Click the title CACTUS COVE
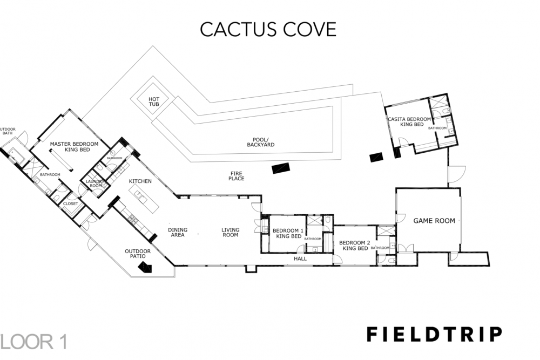(268, 29)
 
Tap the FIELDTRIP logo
(434, 334)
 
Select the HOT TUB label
(154, 100)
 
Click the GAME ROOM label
(434, 220)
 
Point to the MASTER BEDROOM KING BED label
(74, 147)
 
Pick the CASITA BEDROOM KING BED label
(409, 121)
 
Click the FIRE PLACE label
(237, 175)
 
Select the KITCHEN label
(140, 181)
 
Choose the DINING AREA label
(177, 233)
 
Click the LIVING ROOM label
(230, 233)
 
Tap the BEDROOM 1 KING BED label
(288, 233)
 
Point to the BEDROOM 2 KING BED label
(354, 246)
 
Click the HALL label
(300, 259)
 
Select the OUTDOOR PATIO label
(138, 254)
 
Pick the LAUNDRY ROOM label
(95, 184)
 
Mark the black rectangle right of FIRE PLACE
(281, 168)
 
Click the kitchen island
(141, 194)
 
